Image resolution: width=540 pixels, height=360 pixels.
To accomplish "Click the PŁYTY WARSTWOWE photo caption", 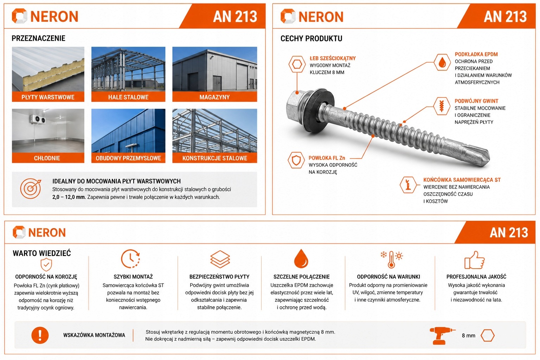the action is (x=48, y=97).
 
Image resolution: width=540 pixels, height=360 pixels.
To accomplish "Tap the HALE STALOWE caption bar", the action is (x=128, y=97).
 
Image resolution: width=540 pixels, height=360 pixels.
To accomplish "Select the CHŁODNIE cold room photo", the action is (x=48, y=130).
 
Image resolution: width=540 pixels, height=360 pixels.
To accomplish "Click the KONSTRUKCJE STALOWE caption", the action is (x=215, y=158).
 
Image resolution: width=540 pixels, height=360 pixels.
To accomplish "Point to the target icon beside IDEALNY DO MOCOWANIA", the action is (x=30, y=188).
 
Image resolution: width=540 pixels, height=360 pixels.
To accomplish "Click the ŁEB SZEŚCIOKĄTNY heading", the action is (x=333, y=58).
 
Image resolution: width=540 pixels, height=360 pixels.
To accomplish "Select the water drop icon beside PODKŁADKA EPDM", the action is (x=442, y=62).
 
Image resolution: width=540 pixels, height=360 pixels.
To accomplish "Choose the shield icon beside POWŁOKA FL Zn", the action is (x=296, y=160).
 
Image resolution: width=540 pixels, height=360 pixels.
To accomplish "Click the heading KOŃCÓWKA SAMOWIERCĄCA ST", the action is (x=462, y=180).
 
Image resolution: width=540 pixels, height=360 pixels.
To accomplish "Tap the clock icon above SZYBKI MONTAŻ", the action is (x=130, y=259).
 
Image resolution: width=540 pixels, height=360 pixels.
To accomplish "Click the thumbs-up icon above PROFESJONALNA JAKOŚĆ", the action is (x=474, y=260).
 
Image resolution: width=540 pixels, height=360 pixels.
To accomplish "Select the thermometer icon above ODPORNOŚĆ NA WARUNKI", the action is (x=392, y=259).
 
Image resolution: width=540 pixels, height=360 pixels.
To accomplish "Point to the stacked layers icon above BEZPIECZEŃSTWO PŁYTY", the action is (x=220, y=259).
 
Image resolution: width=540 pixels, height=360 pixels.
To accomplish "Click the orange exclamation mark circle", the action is (x=40, y=335).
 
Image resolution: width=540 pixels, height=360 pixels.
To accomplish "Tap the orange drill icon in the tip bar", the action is (x=442, y=335).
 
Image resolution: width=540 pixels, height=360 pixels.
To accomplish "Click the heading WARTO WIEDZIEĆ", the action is (x=42, y=253).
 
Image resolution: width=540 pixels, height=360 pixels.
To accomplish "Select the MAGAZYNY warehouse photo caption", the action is (x=214, y=97).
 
